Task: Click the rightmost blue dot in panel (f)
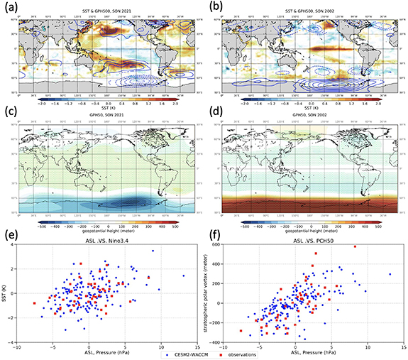click(390, 274)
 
